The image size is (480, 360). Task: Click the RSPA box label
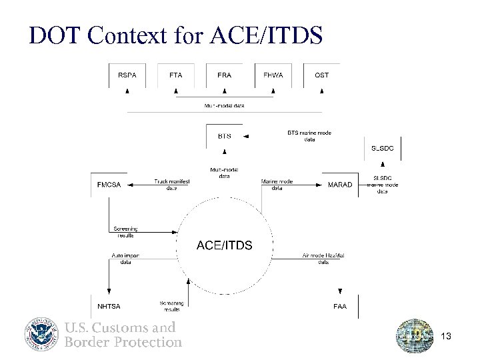(127, 75)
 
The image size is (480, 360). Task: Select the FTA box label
(175, 75)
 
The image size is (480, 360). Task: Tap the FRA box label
(225, 75)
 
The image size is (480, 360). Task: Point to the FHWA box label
(273, 75)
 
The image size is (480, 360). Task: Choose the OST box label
(321, 75)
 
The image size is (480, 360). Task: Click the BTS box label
(225, 136)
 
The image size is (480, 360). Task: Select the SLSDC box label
(382, 148)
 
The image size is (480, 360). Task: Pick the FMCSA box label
(109, 185)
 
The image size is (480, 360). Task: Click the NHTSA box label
(109, 307)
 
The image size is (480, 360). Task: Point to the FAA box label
(339, 307)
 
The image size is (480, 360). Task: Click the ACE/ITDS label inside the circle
(224, 246)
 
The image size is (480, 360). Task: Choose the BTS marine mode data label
(309, 136)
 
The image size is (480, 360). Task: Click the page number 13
(446, 337)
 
